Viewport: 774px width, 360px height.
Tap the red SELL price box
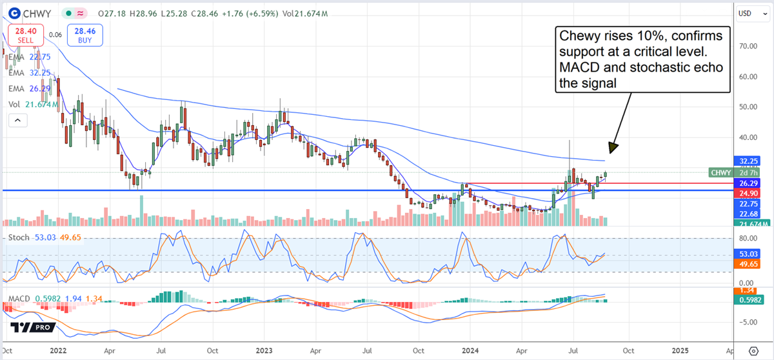pos(26,34)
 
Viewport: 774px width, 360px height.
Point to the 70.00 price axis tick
pos(748,46)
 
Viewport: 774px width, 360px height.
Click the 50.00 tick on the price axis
pos(748,107)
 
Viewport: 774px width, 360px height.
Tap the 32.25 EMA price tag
pos(747,161)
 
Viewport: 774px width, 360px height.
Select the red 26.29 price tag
pos(747,183)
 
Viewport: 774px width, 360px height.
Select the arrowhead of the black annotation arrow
pos(613,148)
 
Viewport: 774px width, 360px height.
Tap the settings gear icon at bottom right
pos(753,351)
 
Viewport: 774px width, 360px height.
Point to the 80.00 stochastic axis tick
pos(747,237)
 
